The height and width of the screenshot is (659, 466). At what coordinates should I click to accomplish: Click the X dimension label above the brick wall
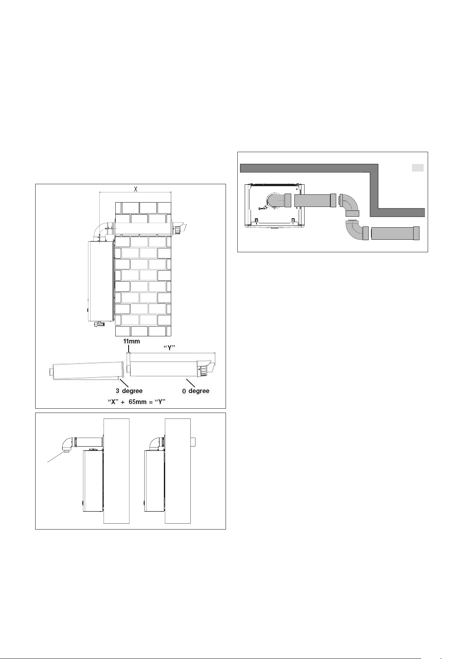[136, 189]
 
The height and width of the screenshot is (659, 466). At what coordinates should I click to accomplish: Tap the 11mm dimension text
[131, 341]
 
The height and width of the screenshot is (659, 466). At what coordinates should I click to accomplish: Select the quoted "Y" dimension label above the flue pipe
[169, 348]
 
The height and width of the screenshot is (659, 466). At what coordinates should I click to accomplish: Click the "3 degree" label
[129, 391]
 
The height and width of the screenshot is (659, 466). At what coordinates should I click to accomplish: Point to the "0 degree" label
[196, 391]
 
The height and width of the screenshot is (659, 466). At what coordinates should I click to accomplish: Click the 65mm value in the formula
[138, 402]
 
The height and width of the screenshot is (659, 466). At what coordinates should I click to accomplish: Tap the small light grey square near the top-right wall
[418, 168]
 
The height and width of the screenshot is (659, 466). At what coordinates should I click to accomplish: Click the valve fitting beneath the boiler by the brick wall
[99, 324]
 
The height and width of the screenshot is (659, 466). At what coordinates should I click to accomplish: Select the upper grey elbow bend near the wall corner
[349, 205]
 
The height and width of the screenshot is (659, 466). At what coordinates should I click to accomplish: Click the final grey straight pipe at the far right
[395, 233]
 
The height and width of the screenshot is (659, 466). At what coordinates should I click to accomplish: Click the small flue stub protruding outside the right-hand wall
[193, 442]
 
